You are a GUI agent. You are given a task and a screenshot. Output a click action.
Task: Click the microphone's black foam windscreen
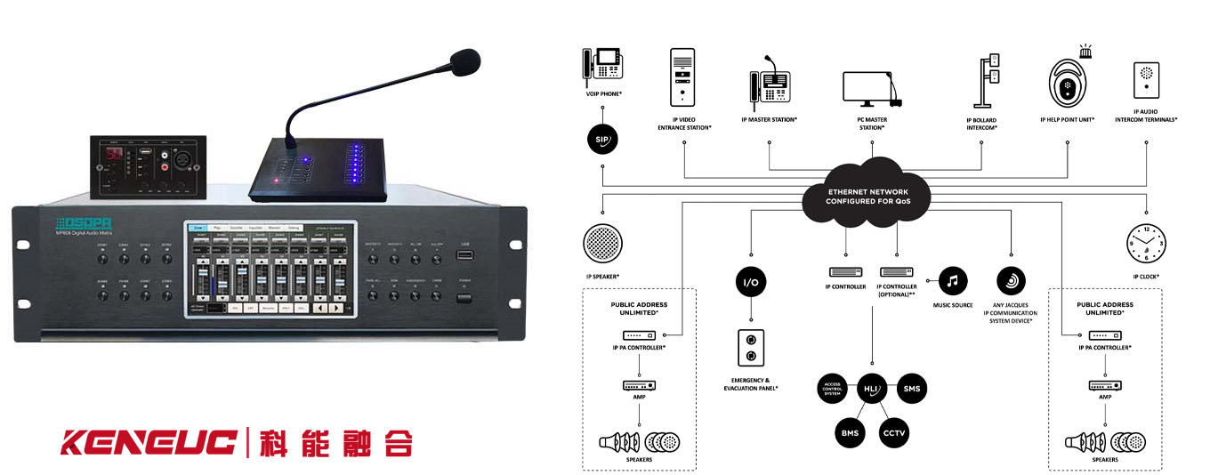(464, 62)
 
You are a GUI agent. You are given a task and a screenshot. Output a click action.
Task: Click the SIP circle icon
(602, 140)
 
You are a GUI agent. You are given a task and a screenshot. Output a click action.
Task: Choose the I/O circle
(751, 282)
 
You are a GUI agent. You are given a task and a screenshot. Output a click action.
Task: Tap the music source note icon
(951, 281)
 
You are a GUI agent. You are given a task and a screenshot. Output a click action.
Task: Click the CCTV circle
(892, 431)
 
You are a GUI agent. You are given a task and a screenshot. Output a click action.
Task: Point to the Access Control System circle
(830, 390)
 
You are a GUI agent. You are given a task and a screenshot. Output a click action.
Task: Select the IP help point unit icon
(1067, 85)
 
